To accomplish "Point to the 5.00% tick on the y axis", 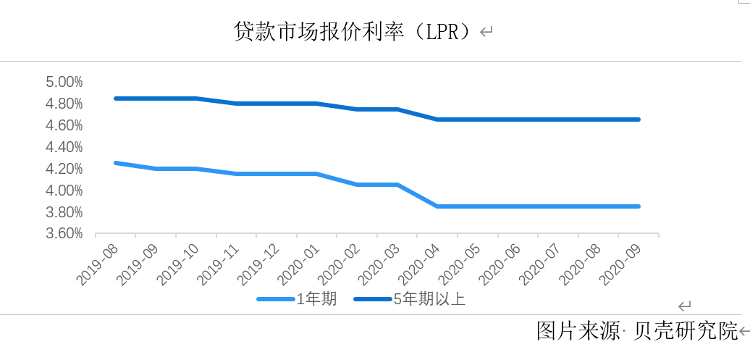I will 64,82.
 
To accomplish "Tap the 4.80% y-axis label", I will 64,104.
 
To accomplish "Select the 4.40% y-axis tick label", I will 64,147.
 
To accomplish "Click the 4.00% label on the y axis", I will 64,191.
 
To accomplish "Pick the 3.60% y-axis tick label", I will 64,234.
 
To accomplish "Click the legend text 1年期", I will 316,299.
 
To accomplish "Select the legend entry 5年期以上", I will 429,299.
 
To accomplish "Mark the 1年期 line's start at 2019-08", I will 116,163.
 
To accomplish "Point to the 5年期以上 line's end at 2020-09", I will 639,120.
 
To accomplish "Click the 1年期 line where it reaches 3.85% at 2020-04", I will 437,206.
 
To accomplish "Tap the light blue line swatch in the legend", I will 276,299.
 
